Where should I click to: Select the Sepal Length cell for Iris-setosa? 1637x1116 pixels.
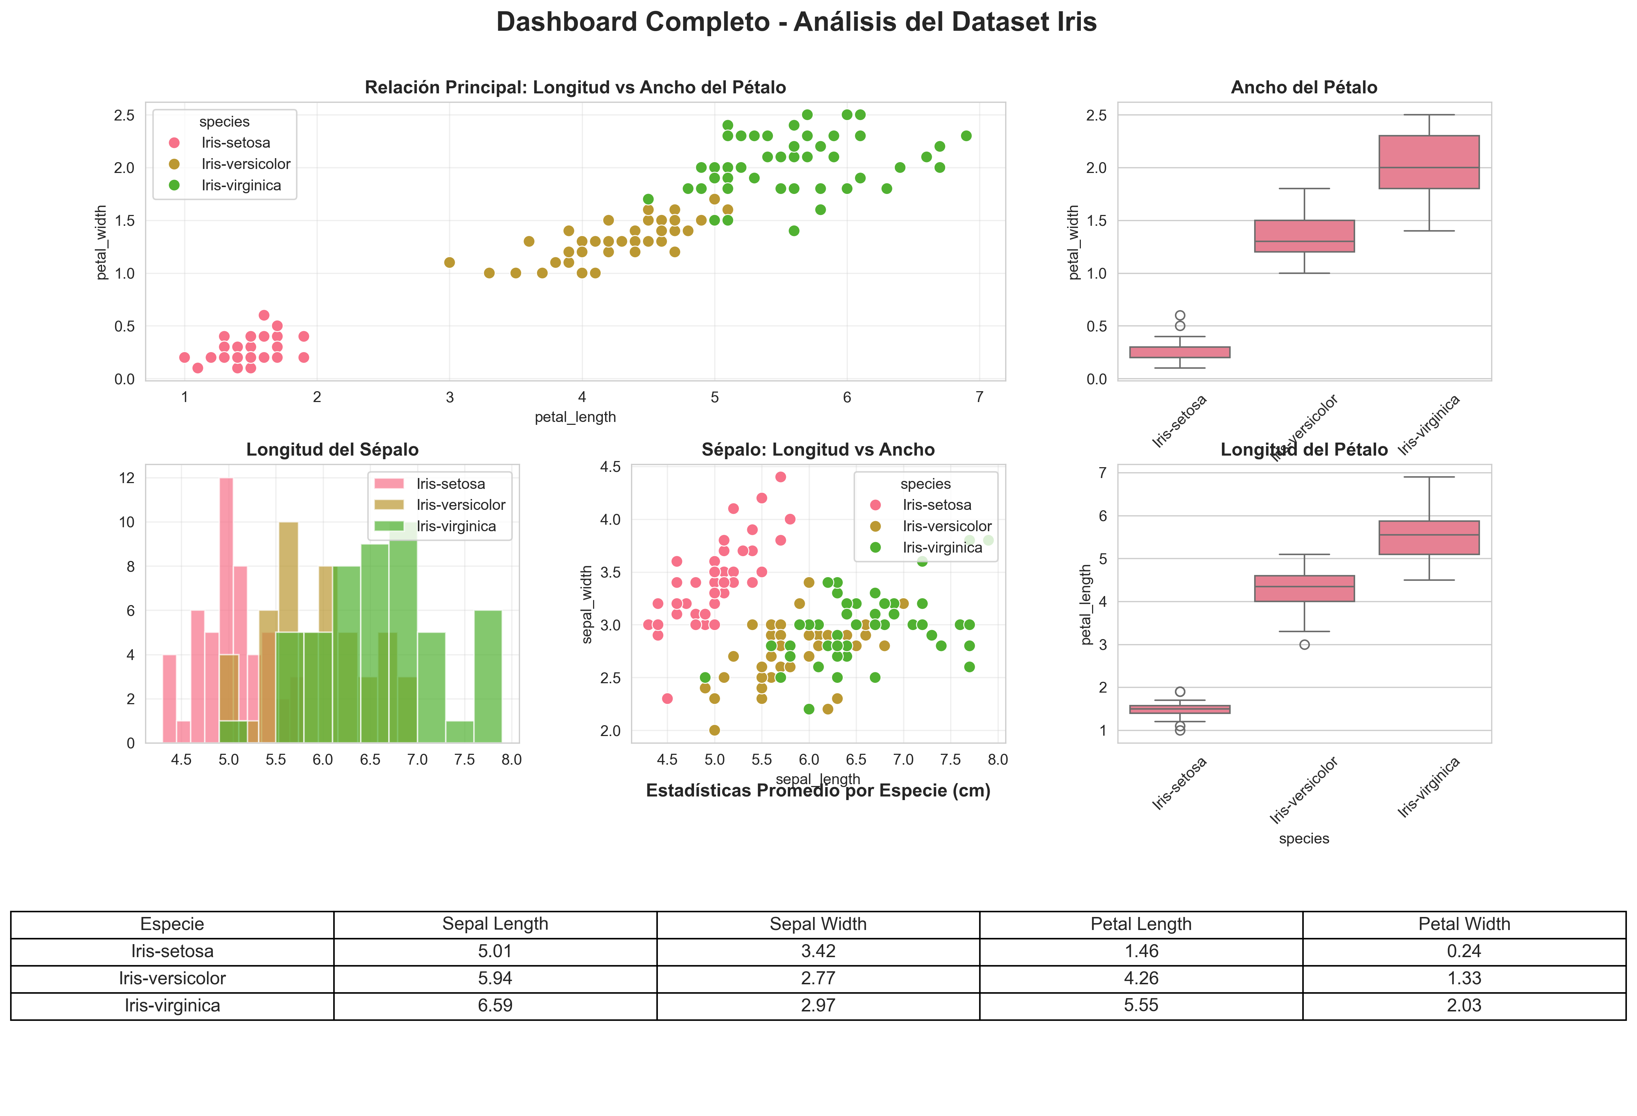point(495,951)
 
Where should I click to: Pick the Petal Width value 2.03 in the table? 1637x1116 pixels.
point(1464,1005)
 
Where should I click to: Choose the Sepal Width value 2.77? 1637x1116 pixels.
point(818,978)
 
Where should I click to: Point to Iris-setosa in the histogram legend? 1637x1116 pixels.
point(450,484)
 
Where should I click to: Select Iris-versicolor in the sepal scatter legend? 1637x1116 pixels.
point(947,526)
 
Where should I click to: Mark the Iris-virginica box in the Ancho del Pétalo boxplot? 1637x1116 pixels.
point(1429,162)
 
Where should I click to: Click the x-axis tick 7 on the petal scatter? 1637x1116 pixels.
point(979,397)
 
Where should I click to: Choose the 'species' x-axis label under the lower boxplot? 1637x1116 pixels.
point(1304,838)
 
